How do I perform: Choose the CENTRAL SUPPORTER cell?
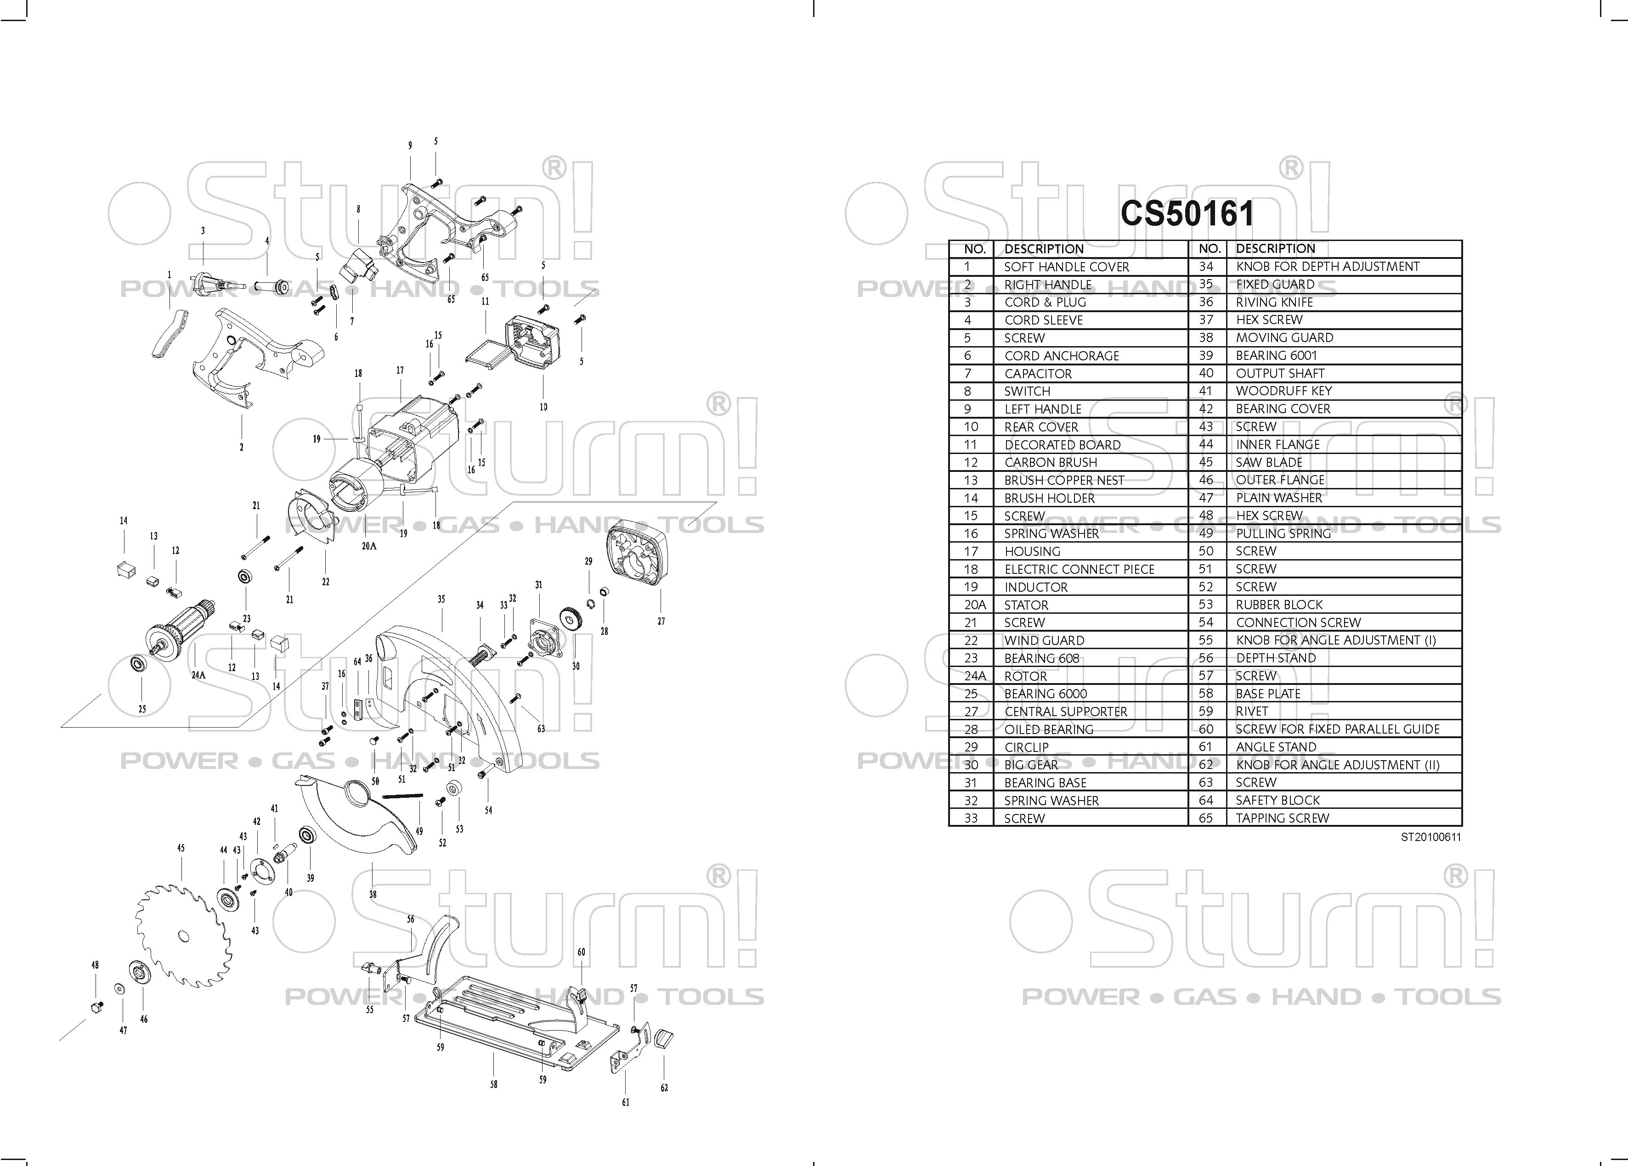pos(1065,711)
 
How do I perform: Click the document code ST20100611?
pos(1430,837)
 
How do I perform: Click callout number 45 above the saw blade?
pos(181,848)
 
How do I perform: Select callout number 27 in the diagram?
pos(661,622)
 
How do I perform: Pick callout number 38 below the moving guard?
pos(373,895)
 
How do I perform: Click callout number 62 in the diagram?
pos(664,1088)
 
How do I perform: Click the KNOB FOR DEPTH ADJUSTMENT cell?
pos(1327,266)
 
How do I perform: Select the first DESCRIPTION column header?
pos(1044,249)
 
